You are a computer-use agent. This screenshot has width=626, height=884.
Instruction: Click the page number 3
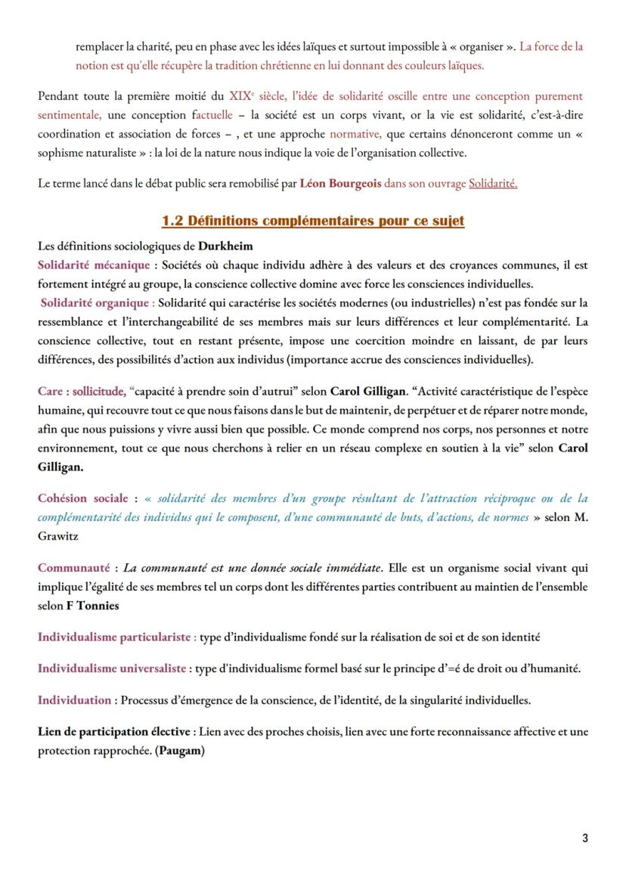(x=585, y=838)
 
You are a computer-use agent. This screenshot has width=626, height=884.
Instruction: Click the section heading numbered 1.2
(x=313, y=221)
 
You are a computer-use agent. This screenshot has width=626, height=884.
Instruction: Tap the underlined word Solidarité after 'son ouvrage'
(x=493, y=183)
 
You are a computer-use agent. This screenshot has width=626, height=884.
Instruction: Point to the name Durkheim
(x=225, y=247)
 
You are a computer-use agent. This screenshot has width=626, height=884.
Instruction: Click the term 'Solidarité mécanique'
(x=94, y=265)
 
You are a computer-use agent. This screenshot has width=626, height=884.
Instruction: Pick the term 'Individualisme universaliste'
(x=112, y=668)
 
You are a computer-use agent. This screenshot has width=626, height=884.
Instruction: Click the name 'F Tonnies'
(x=94, y=606)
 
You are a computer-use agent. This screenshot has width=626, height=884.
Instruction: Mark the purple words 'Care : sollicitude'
(x=82, y=392)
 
